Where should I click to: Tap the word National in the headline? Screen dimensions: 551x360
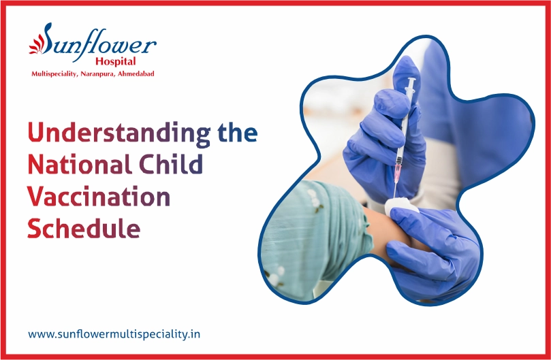pos(80,164)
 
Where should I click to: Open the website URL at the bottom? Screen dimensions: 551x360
pos(114,333)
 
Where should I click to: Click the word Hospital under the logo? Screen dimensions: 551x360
pos(116,61)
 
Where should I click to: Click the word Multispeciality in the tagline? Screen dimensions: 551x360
pos(54,74)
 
